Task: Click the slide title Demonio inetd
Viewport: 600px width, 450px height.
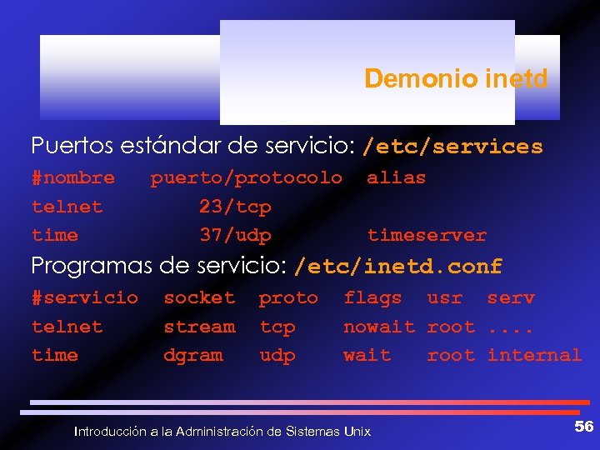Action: coord(456,79)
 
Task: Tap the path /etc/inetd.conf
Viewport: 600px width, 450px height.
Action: coord(398,267)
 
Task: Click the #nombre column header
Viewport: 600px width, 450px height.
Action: coord(73,177)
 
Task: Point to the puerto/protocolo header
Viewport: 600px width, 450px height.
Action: coord(246,177)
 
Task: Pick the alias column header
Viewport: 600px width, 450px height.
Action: coord(396,177)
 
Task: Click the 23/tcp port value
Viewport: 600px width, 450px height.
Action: coord(235,207)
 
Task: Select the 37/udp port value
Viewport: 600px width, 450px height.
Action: coord(235,235)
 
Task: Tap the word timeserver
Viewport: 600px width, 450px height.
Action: coord(427,235)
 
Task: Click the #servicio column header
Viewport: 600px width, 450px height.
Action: coord(85,297)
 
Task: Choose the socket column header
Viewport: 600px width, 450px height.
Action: coord(199,297)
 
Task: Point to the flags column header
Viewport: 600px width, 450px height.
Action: coord(372,297)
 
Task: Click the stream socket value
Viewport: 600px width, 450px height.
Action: coord(199,327)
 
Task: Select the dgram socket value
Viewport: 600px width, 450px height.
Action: coord(193,355)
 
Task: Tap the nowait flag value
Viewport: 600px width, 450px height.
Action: coord(379,327)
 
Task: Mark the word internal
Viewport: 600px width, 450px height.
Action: coord(534,355)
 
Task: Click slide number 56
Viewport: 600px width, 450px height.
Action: coord(584,427)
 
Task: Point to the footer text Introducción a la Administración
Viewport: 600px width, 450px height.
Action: coord(222,432)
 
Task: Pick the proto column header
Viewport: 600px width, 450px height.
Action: coord(288,297)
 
